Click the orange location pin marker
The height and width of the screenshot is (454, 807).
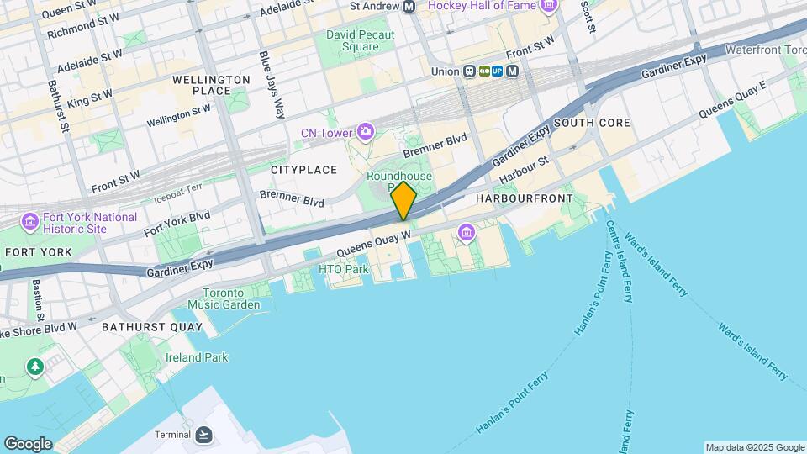pos(403,200)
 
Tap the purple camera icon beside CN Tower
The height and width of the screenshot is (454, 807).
pos(365,131)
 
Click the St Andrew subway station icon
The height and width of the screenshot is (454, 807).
pos(409,7)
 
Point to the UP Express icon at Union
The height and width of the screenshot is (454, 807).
pos(498,71)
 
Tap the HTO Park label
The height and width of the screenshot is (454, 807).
pos(344,270)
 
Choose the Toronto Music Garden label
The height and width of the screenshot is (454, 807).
pos(224,298)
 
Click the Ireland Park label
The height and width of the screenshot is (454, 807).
pos(196,357)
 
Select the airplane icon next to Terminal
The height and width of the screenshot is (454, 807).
pos(203,435)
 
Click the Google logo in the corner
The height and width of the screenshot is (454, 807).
pos(28,443)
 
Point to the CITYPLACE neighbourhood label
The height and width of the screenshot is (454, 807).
pos(303,170)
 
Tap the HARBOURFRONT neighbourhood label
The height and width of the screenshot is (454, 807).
pos(524,198)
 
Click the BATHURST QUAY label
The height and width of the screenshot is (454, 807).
pos(152,326)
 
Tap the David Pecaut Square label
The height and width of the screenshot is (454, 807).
pos(360,41)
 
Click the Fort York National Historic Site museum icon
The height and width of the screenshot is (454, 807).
pos(30,223)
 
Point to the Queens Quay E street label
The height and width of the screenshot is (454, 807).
pos(733,99)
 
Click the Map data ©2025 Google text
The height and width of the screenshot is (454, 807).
pos(754,447)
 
